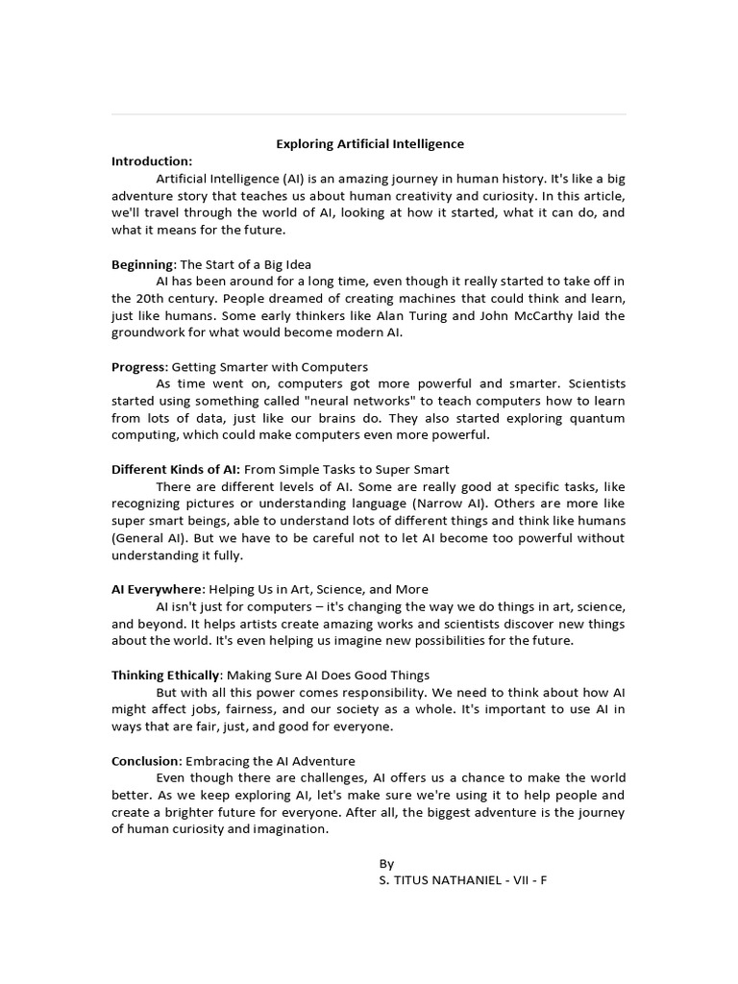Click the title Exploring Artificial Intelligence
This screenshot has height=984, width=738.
[x=370, y=144]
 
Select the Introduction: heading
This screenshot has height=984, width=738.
[x=152, y=160]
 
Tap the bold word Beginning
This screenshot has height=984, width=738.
[x=143, y=264]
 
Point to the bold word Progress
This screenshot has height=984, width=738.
[x=139, y=367]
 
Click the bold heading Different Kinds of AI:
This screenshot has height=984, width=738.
[x=176, y=470]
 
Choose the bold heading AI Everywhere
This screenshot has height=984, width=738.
[x=157, y=589]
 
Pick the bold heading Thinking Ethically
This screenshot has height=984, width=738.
[x=165, y=676]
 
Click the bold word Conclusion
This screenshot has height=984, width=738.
[x=146, y=761]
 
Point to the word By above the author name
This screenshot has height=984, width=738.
[x=387, y=864]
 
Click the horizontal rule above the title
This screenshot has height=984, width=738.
[x=369, y=114]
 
